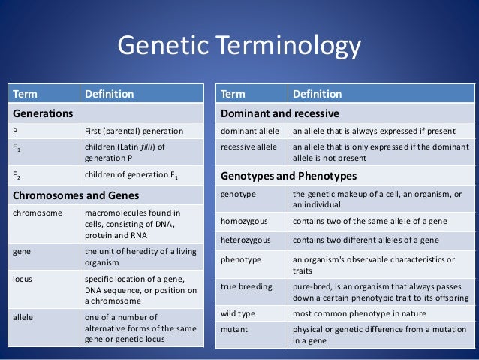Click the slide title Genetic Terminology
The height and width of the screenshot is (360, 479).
239,49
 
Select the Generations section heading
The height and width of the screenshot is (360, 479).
41,113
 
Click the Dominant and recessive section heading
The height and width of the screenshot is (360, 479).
280,113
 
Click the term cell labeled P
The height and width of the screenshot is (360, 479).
16,129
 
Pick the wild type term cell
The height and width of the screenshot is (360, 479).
239,313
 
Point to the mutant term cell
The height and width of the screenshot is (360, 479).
235,328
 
